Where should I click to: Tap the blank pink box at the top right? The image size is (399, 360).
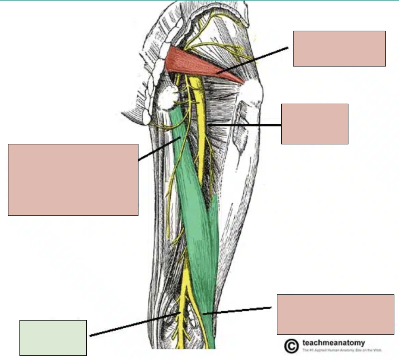339,48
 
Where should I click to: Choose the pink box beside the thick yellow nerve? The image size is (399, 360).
314,124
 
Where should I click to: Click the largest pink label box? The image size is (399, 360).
73,179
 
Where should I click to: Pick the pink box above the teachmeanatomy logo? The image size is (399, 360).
335,314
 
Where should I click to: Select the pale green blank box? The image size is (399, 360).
53,337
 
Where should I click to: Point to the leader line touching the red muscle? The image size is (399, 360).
254,60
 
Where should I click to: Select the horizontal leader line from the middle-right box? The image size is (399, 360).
247,125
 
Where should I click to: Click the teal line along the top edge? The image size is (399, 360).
199,1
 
